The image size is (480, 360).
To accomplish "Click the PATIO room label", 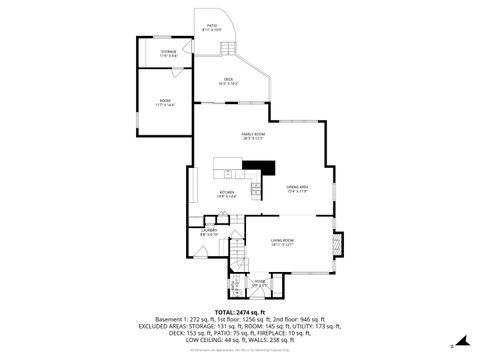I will pos(211,28).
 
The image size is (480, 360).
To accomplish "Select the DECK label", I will pos(228,82).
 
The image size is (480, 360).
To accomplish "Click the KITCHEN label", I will pos(227,194).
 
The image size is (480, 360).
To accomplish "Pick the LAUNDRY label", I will pos(209,232).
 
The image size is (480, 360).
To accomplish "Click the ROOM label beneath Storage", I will pos(164,102).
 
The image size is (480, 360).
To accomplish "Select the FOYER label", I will pos(259,283).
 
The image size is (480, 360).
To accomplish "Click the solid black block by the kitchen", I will pos(261,168).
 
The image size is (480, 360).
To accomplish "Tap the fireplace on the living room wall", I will pos(339,243).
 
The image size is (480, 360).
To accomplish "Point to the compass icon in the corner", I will pos(452,346).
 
